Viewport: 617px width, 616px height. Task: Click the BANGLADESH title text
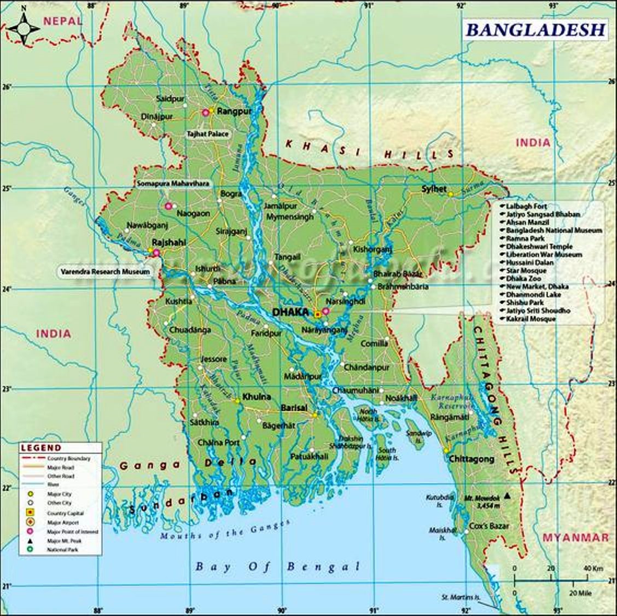click(x=535, y=30)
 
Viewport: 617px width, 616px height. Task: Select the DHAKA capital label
click(x=290, y=312)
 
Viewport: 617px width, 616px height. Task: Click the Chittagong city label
click(x=472, y=460)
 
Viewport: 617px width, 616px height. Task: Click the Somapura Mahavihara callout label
click(x=173, y=184)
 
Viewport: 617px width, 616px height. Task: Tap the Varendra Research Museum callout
click(x=106, y=271)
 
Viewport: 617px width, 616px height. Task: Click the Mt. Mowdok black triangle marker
click(x=508, y=496)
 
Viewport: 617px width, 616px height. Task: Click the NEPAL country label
click(x=63, y=21)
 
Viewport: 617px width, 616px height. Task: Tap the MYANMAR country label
click(x=575, y=537)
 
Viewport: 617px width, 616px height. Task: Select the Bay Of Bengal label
click(x=278, y=566)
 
